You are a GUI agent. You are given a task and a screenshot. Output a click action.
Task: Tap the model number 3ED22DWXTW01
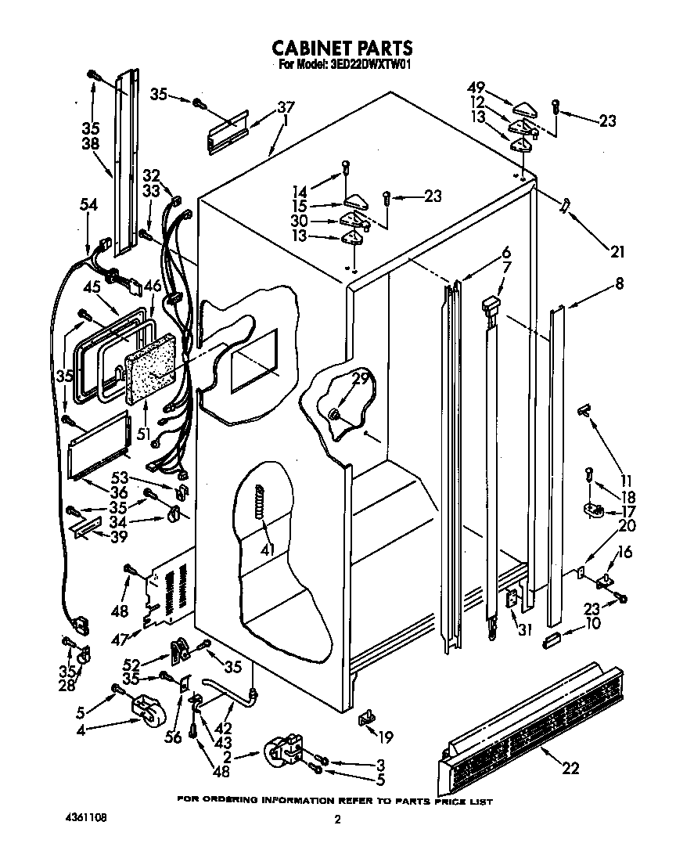[x=368, y=66]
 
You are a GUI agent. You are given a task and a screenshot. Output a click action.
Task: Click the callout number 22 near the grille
[x=570, y=768]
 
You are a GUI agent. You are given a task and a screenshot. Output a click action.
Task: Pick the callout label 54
[x=89, y=204]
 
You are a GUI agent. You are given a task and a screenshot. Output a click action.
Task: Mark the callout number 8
[x=620, y=285]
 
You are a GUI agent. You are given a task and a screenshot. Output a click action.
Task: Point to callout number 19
[x=385, y=737]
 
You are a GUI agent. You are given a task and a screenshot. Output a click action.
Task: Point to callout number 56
[x=172, y=737]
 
